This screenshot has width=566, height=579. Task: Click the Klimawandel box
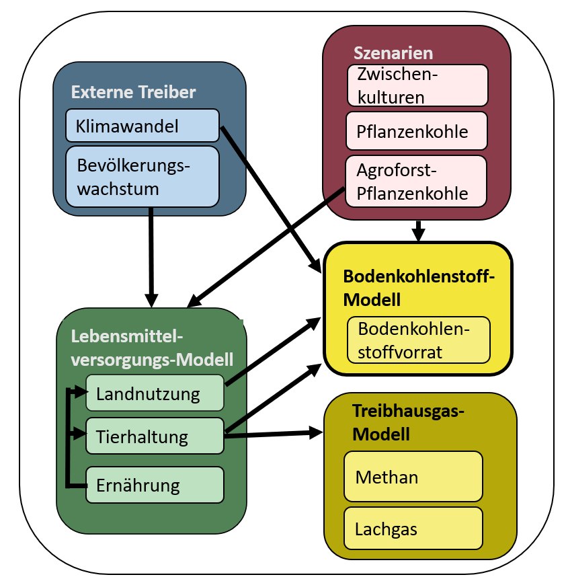[143, 126]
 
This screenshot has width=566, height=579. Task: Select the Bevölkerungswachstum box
[143, 176]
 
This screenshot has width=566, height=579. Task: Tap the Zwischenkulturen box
[417, 85]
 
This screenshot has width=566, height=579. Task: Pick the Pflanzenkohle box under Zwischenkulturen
[416, 131]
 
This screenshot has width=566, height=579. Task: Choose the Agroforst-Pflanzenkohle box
[416, 181]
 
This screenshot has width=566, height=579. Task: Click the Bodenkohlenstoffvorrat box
[419, 340]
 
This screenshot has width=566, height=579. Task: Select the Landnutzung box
[155, 393]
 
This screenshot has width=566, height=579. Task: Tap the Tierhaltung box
[155, 436]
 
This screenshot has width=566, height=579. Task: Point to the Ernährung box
[155, 484]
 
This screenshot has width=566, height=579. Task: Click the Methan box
[413, 476]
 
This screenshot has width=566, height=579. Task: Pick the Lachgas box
[413, 528]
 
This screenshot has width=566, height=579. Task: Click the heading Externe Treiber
[133, 92]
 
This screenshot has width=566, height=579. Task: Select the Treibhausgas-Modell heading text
[399, 422]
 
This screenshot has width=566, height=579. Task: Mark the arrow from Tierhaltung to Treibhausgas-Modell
[273, 434]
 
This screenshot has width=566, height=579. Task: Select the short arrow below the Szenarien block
[418, 231]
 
